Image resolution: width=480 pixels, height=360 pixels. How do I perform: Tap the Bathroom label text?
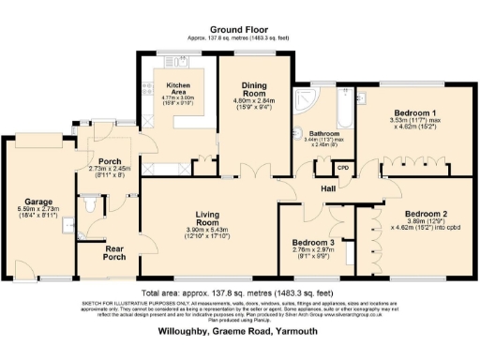324,134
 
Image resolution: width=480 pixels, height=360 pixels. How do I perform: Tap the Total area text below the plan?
240,292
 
